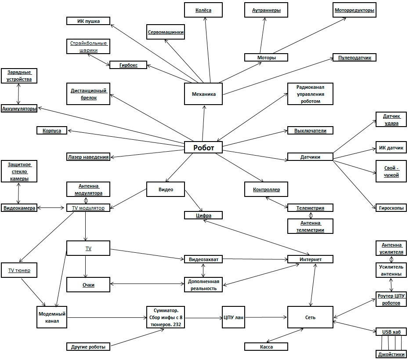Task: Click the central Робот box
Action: click(203, 148)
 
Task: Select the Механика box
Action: click(203, 94)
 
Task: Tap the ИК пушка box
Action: click(89, 21)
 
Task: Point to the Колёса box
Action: click(203, 10)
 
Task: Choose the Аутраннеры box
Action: click(266, 10)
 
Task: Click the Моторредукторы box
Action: click(354, 10)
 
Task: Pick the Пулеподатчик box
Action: click(354, 58)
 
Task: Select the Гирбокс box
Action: click(128, 65)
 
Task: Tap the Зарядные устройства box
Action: click(19, 76)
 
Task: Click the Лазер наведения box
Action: click(88, 156)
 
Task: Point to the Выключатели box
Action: click(310, 130)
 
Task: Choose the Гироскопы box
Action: click(391, 207)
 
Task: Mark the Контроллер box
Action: click(266, 189)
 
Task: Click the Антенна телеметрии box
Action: click(310, 226)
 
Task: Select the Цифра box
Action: click(203, 215)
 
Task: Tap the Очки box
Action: click(88, 285)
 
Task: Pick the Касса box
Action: click(266, 347)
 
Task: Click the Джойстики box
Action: click(391, 354)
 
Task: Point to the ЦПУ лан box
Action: click(233, 318)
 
